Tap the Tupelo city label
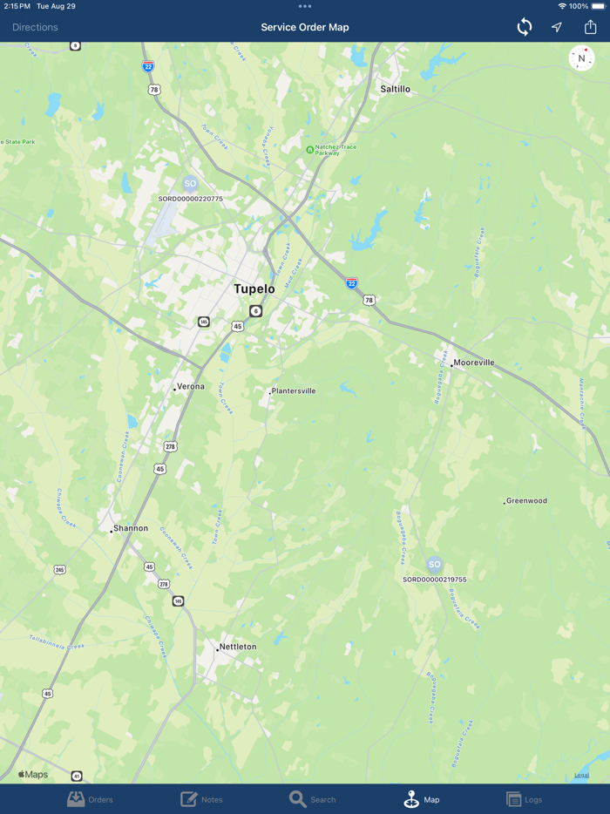pos(254,288)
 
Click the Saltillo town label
pos(395,89)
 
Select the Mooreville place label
pos(473,363)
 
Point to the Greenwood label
pos(526,501)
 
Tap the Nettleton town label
pos(237,647)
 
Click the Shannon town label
pos(131,528)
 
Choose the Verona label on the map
pos(191,386)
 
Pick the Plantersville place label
pos(294,391)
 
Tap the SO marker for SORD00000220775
pos(190,184)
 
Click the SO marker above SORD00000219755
pos(434,565)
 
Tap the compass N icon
pos(581,58)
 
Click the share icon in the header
pos(590,27)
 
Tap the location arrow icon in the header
pos(557,27)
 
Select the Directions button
pos(35,27)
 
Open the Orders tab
pos(91,799)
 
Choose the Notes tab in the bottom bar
pos(201,799)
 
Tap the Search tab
pos(312,799)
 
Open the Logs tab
pos(525,799)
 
